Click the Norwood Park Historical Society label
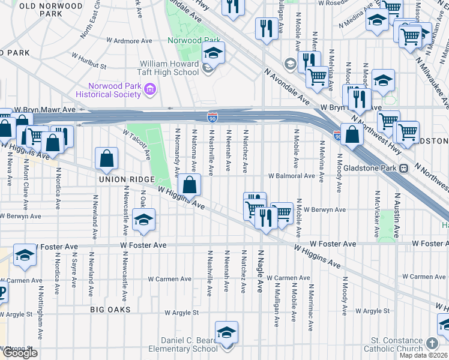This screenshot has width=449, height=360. (108, 90)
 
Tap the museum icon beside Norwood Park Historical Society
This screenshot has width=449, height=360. (150, 90)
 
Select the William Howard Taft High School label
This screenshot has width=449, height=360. (169, 68)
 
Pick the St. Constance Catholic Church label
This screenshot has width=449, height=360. (396, 344)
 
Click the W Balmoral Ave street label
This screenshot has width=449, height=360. (292, 176)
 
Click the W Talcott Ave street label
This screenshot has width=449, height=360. (137, 145)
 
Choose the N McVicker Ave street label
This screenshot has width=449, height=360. (377, 211)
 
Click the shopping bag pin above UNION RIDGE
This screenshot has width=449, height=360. (106, 159)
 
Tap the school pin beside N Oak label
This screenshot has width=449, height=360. (143, 221)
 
